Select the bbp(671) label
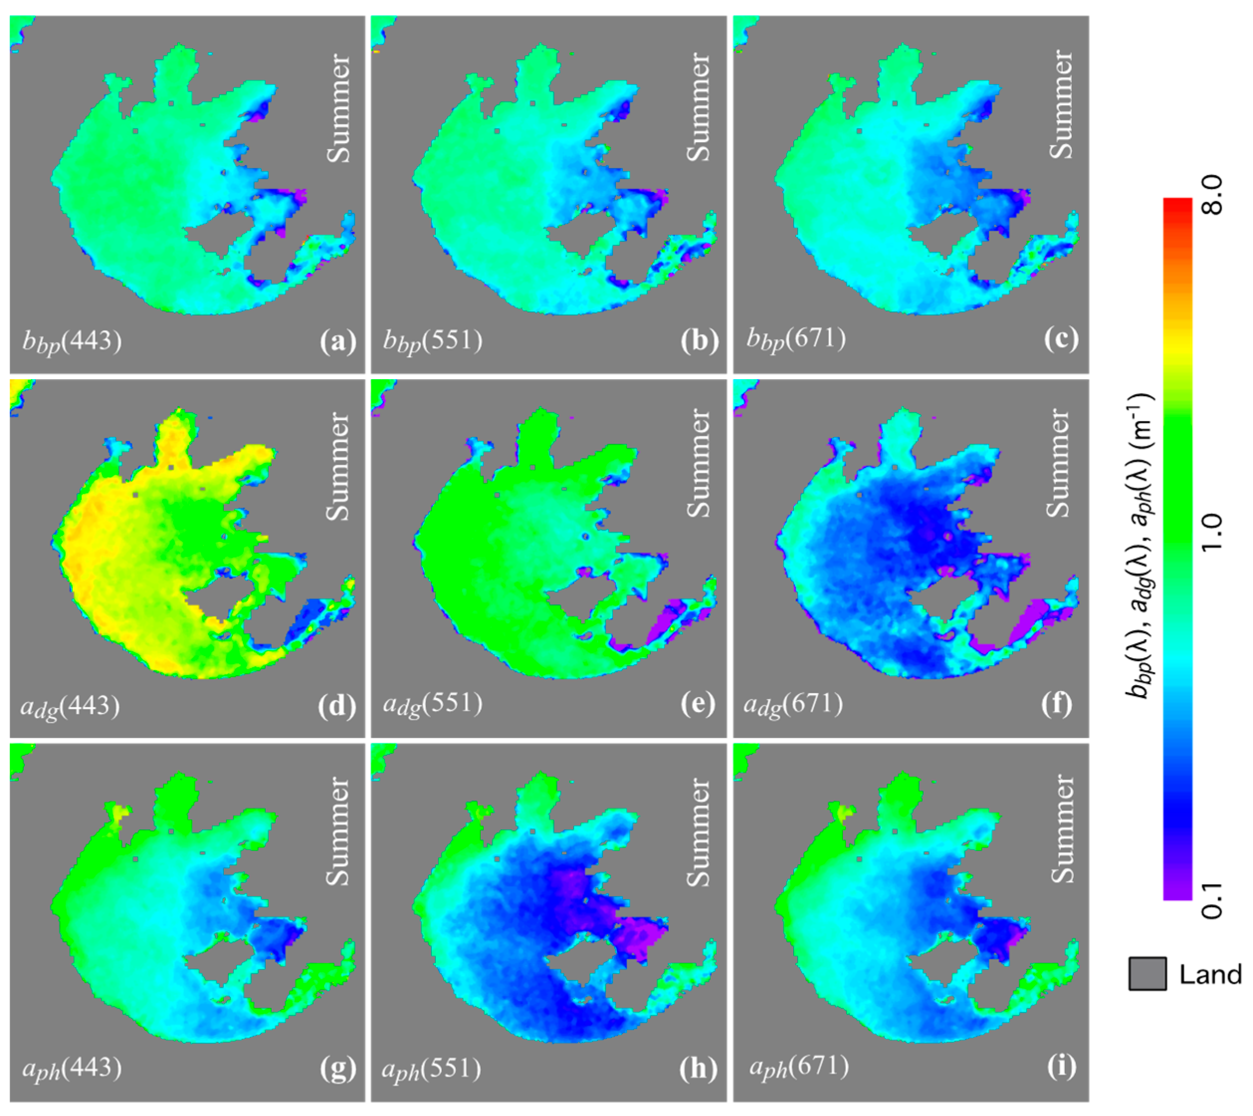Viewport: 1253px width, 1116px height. (796, 341)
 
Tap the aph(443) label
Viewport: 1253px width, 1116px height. (72, 1069)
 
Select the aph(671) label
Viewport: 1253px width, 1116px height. (799, 1068)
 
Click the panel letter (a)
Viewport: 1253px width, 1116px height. (338, 341)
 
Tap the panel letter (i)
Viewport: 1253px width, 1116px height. (1061, 1068)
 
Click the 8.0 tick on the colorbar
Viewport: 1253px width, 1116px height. (1211, 195)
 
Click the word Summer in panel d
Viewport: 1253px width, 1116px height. (338, 466)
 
